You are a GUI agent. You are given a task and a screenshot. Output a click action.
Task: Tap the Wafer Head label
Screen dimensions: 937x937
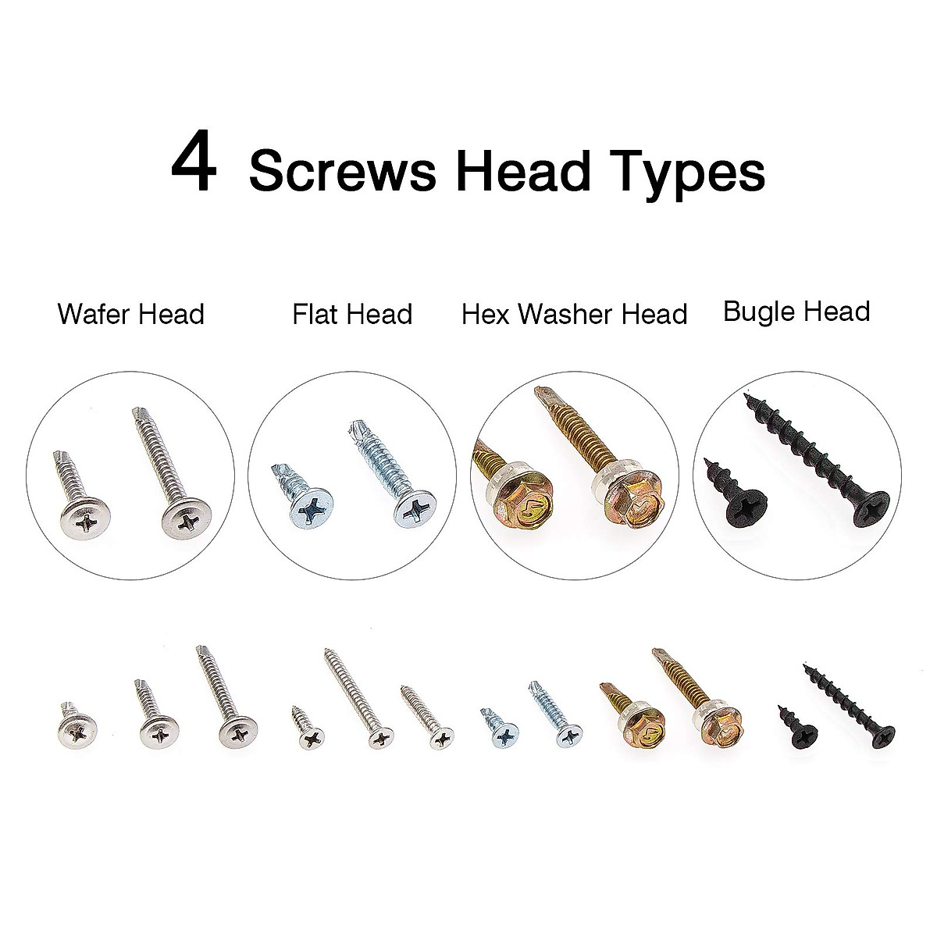point(130,315)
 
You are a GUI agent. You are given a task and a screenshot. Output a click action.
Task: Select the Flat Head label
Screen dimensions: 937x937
point(352,315)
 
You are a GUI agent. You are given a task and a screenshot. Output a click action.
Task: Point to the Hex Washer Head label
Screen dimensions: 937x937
point(574,315)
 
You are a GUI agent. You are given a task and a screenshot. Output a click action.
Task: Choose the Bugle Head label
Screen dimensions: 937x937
point(796,312)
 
